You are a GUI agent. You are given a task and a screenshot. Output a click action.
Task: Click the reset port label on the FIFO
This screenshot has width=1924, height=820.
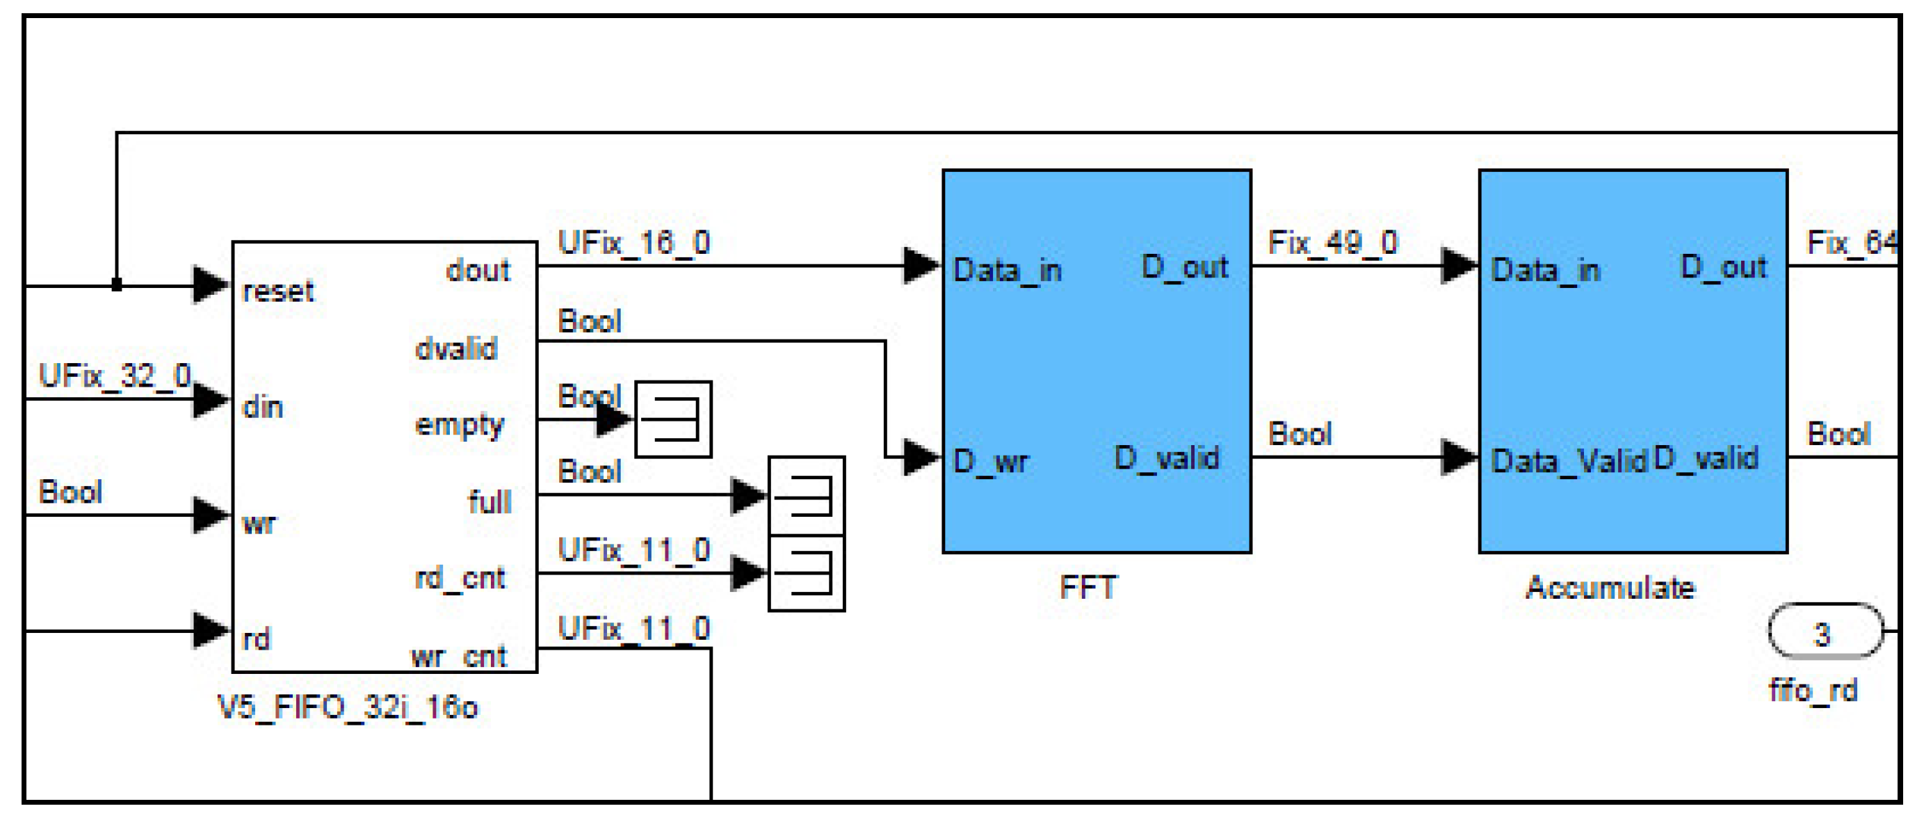278,291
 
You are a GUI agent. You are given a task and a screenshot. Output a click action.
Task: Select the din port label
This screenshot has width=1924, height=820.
263,408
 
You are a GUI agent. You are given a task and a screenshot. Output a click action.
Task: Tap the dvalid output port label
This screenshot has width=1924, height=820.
455,348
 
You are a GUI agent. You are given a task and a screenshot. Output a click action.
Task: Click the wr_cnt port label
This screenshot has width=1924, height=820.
459,657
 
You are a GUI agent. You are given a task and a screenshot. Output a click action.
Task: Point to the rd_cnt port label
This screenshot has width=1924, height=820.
460,577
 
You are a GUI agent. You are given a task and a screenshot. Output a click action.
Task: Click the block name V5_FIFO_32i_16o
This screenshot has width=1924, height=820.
347,707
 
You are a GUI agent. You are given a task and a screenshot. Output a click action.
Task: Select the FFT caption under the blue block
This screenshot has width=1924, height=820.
1088,587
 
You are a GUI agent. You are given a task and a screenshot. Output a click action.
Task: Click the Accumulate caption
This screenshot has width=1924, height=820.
1610,587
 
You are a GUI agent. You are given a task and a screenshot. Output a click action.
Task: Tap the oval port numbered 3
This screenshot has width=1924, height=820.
1823,632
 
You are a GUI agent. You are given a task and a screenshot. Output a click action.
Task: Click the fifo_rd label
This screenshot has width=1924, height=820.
1813,690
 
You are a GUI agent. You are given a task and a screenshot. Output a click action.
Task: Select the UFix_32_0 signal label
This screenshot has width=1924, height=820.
114,376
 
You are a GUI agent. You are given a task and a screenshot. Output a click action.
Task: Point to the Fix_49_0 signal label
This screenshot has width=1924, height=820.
1333,243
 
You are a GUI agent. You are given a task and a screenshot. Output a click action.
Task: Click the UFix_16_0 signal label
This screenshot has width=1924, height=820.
634,243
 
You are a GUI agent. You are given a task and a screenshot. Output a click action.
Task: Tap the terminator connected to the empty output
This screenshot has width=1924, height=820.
673,419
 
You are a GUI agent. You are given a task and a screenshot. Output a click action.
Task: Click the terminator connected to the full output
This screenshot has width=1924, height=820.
807,496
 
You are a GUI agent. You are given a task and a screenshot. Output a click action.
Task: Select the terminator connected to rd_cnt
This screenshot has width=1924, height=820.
807,574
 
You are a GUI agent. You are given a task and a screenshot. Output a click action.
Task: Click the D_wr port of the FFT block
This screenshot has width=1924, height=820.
990,462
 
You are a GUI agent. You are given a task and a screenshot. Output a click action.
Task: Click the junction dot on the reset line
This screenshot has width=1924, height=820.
117,284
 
